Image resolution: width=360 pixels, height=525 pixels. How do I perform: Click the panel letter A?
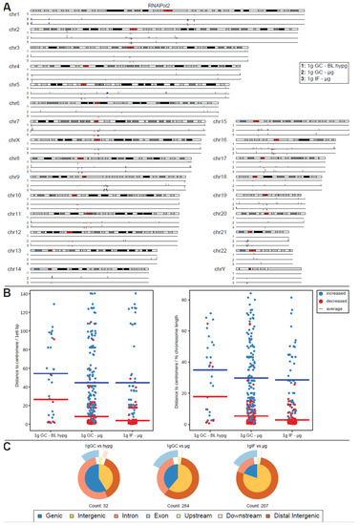click(6, 6)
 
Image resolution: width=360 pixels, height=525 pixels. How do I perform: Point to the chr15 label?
click(220, 121)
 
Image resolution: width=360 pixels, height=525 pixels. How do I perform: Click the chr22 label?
click(220, 250)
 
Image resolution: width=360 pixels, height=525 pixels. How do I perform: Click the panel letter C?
click(6, 444)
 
